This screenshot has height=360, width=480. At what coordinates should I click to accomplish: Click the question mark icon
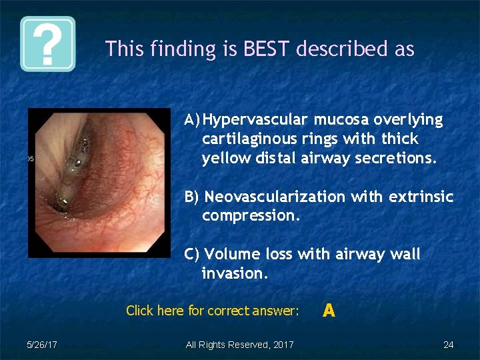[47, 44]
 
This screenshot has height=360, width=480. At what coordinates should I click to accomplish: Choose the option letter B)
[192, 197]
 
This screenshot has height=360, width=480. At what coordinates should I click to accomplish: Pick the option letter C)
[192, 255]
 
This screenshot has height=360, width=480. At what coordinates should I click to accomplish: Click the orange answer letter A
[328, 310]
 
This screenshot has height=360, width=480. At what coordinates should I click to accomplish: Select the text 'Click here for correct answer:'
[212, 311]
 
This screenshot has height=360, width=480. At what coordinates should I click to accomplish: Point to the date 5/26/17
[41, 345]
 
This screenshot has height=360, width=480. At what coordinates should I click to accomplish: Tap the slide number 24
[448, 345]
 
